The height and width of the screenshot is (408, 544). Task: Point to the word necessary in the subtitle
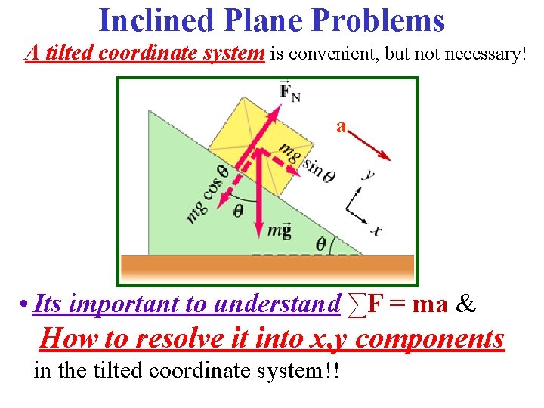(477, 54)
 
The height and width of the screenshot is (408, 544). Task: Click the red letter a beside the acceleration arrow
(342, 126)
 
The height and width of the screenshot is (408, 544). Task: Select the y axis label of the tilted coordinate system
(368, 175)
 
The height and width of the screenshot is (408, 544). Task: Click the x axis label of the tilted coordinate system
(376, 229)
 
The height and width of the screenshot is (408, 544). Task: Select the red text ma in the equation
(431, 304)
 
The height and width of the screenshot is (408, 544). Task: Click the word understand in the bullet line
(277, 304)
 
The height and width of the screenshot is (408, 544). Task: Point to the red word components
(429, 338)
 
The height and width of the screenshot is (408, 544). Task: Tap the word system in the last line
(274, 371)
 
